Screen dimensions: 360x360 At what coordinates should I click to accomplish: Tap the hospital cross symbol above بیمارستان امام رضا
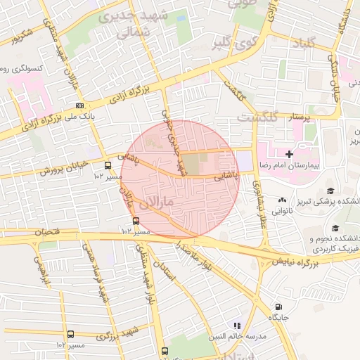[x=289, y=153]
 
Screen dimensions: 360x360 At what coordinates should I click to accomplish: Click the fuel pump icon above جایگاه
[x=280, y=307]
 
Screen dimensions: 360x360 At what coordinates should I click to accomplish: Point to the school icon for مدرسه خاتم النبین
[x=237, y=326]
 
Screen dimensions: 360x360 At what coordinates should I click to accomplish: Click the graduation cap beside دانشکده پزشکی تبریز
[x=330, y=191]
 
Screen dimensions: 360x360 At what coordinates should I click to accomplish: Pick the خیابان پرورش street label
[x=62, y=170]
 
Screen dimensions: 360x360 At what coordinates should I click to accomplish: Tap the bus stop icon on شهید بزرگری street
[x=70, y=335]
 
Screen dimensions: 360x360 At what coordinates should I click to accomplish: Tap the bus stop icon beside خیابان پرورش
[x=108, y=165]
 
